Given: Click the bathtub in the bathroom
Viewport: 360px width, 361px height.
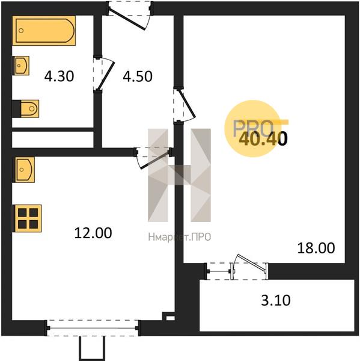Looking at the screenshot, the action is point(44,31).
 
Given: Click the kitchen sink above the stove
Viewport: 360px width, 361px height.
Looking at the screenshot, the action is point(25,170).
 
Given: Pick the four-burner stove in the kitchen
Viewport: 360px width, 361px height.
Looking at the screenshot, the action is point(28,218).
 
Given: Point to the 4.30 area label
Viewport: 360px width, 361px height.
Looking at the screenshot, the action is point(59,76).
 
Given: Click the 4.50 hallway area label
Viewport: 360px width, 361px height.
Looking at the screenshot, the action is point(138,76).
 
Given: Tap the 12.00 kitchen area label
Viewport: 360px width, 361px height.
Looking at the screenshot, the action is point(93,233).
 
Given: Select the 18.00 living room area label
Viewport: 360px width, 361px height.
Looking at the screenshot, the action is point(316,248).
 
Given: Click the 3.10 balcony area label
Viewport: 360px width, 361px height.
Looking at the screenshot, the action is point(276,300).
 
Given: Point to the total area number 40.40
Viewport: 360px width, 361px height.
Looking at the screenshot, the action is point(263,139).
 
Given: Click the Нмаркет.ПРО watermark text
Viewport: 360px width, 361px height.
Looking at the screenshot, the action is point(180,237).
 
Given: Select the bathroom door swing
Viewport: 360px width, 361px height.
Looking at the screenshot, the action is point(104,73).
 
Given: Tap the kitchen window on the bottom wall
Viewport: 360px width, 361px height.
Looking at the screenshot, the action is point(93,328).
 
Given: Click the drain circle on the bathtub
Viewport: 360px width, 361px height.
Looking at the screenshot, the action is point(21,31).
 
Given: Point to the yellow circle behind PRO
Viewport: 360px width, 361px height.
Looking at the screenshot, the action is point(253,129).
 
